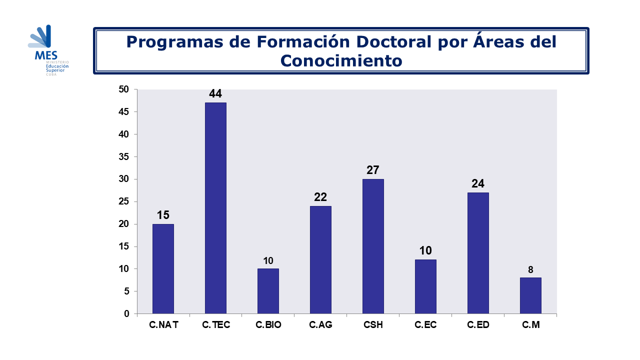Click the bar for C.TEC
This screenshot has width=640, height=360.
point(215,208)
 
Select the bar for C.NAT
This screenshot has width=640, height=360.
point(163,268)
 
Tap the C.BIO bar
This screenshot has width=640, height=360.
point(268,291)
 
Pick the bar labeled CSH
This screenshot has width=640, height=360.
point(373,246)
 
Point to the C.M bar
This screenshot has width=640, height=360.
point(530,295)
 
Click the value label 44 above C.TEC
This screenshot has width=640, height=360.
point(215,93)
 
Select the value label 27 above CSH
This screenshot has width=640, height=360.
point(373,170)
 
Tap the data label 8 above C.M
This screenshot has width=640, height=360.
point(530,270)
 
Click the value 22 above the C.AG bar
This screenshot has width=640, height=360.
point(320,197)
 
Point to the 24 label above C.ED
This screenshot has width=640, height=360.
point(478,183)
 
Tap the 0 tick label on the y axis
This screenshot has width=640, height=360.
point(126,313)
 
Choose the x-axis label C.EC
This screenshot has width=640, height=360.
point(425,325)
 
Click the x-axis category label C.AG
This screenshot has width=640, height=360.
point(320,325)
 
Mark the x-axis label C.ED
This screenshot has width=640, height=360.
point(478,325)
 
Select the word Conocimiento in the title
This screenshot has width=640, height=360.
point(341,60)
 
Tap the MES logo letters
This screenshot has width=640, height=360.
point(46,55)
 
